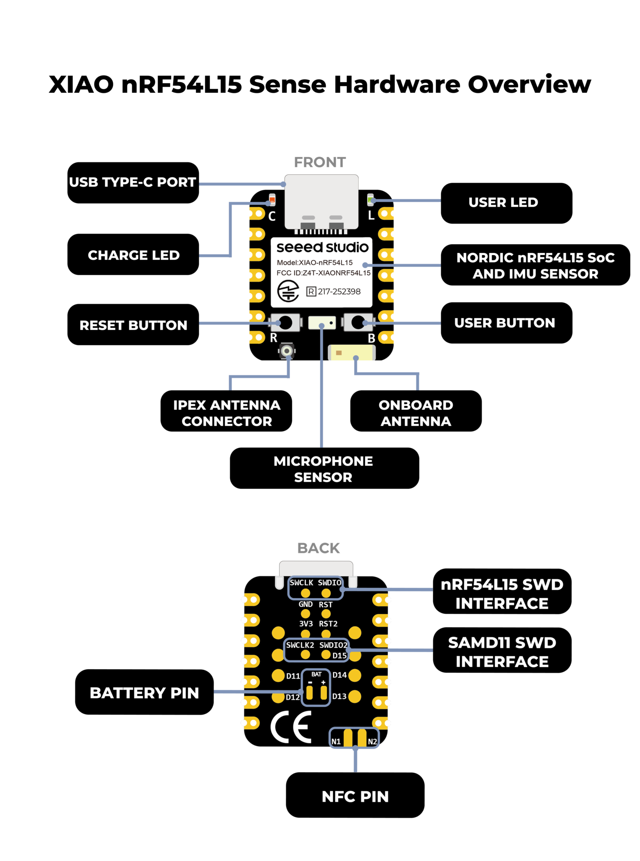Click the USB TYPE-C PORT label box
(133, 182)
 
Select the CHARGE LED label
(133, 255)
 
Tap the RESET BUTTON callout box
(133, 325)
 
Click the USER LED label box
(506, 203)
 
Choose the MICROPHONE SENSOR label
(324, 468)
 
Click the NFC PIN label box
(355, 796)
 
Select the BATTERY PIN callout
(144, 692)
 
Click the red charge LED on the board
(272, 199)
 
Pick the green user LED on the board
(370, 199)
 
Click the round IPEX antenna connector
(287, 351)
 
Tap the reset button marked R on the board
(286, 323)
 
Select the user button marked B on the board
(358, 323)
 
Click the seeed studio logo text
(322, 247)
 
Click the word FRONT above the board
(320, 162)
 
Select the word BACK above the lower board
(319, 548)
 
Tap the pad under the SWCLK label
(306, 593)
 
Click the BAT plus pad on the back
(324, 692)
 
